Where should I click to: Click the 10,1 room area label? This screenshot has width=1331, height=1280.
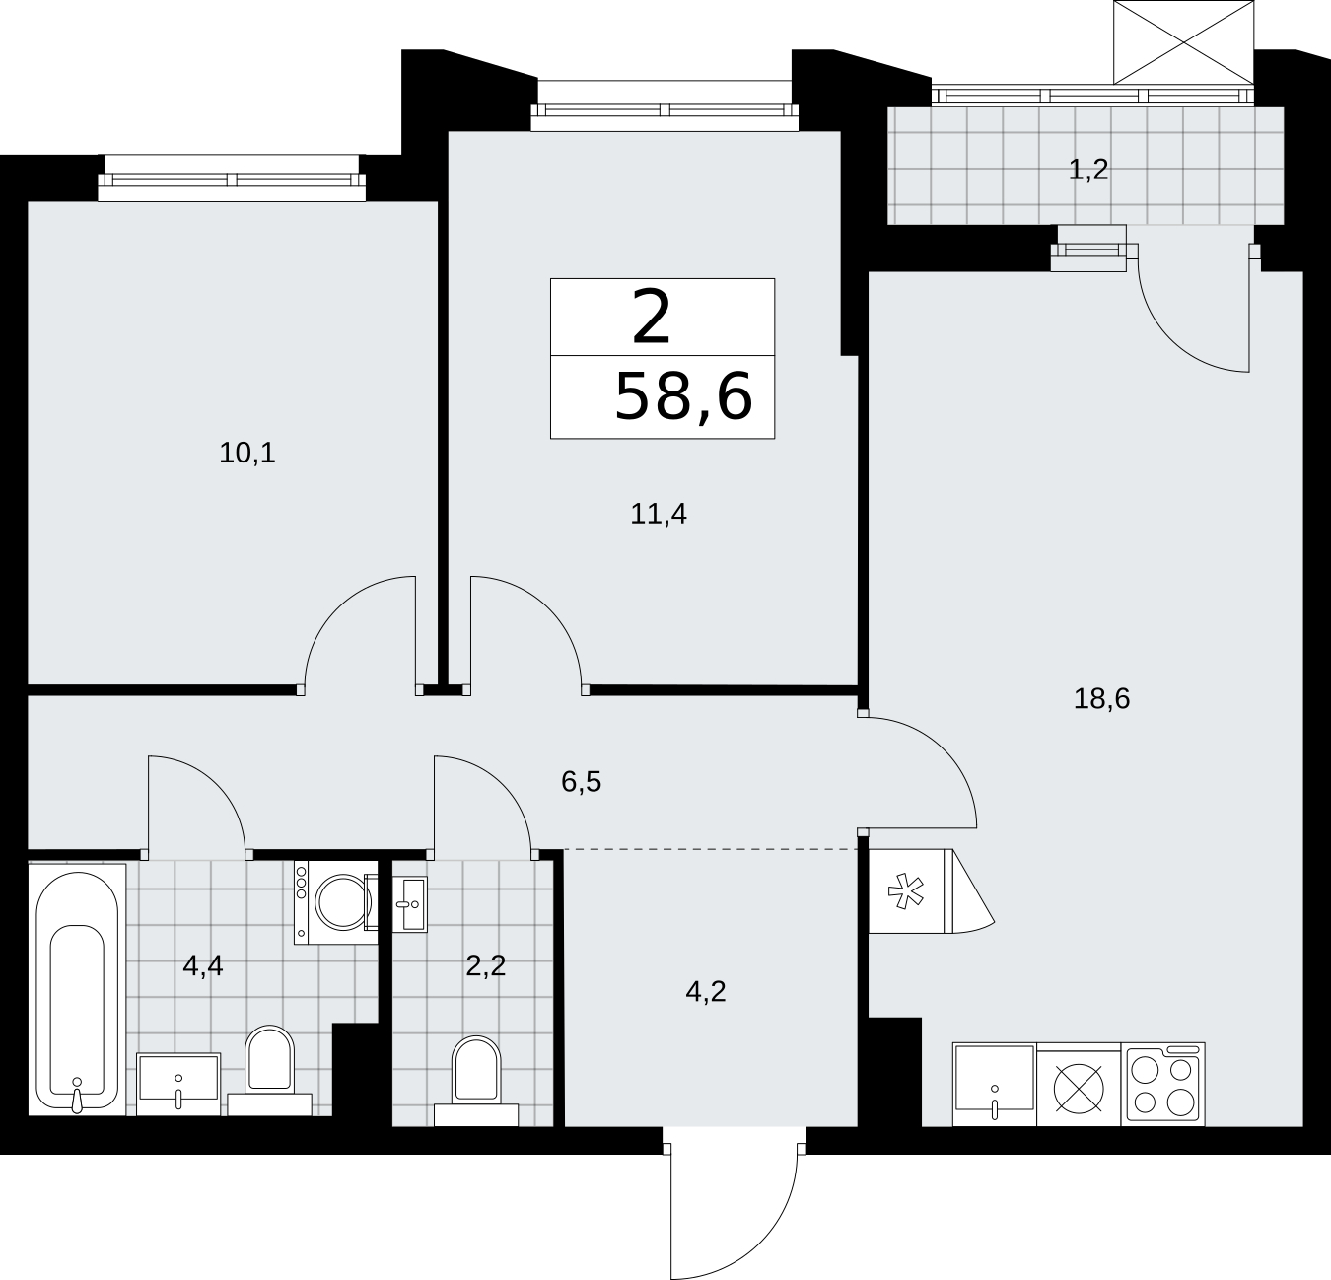tap(246, 453)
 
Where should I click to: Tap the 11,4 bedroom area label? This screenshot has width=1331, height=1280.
tap(658, 514)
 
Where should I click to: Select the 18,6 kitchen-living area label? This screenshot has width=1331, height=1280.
tap(1101, 698)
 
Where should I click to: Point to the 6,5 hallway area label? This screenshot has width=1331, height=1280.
tap(581, 781)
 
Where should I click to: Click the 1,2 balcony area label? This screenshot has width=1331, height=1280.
tap(1088, 169)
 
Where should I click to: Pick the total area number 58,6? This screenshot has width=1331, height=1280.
tap(683, 396)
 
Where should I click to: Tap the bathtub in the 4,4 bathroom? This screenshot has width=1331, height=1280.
tap(77, 989)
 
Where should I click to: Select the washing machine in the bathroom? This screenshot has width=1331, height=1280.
tap(336, 902)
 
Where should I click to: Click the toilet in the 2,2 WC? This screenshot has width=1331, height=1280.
tap(476, 1081)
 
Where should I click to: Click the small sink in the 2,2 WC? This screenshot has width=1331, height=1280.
tap(410, 903)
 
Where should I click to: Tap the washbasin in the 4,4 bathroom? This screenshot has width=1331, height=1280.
tap(178, 1085)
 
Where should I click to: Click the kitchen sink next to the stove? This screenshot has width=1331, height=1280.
tap(995, 1085)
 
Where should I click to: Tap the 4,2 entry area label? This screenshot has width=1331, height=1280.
tap(705, 991)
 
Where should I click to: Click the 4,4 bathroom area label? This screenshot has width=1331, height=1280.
tap(203, 966)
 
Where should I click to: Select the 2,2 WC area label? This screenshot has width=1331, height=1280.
tap(486, 966)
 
